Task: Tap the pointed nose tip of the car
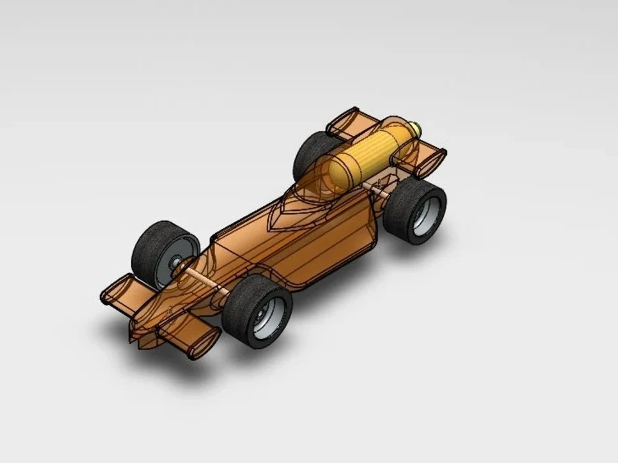130,338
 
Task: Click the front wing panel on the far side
117,290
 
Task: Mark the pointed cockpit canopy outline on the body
297,210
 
